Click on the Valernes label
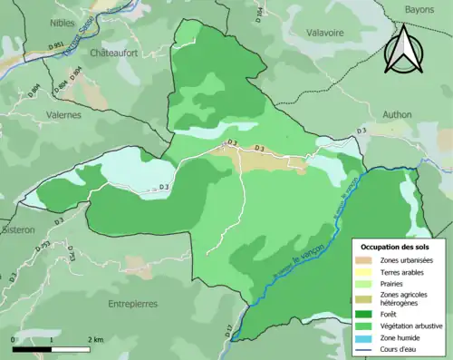click(63, 115)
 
